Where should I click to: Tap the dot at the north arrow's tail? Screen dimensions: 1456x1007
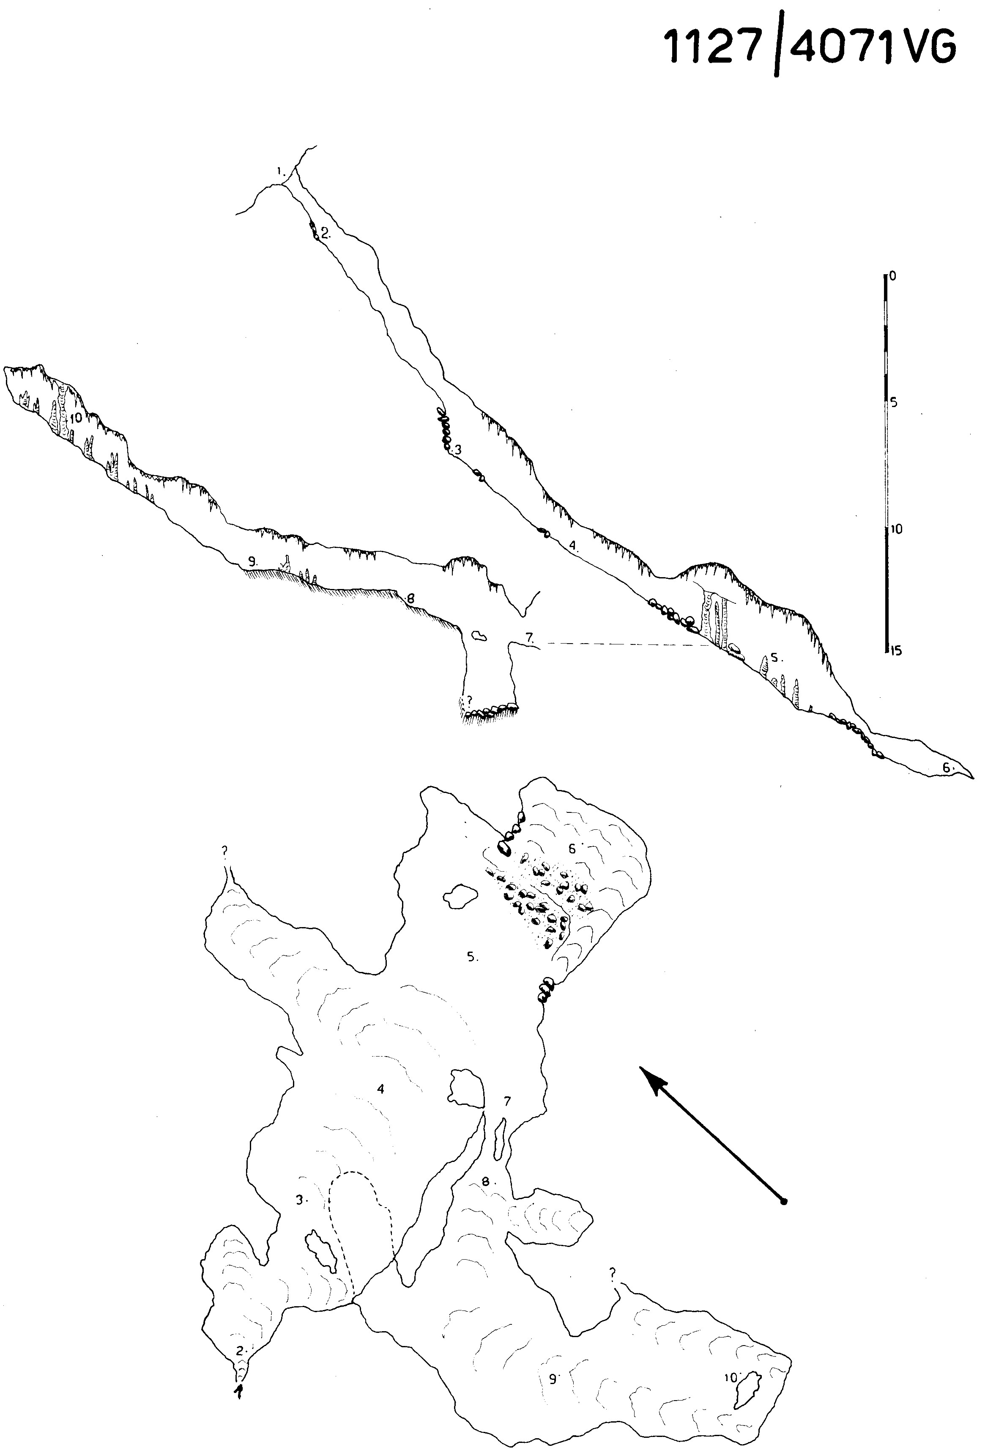tap(784, 1202)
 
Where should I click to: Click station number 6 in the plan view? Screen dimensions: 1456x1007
tap(572, 849)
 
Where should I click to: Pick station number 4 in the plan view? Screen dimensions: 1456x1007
tap(380, 1089)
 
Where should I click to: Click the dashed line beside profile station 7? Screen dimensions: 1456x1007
tap(625, 644)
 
